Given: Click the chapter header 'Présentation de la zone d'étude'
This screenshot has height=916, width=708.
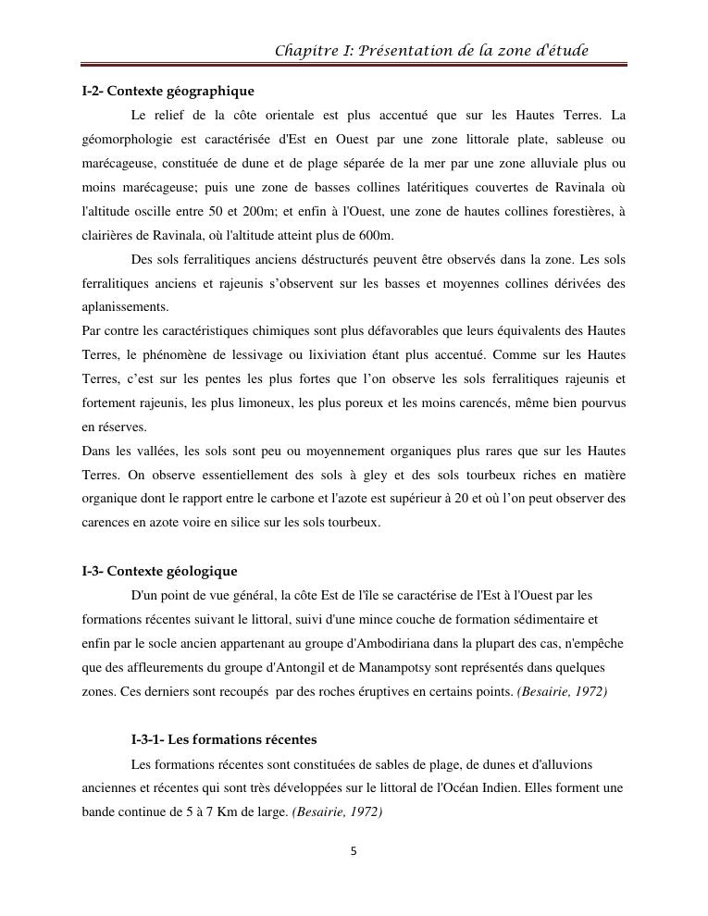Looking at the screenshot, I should click(x=432, y=50).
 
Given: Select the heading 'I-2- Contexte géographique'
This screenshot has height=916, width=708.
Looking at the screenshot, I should click(x=168, y=92).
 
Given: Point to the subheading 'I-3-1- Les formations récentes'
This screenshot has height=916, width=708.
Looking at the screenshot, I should click(x=224, y=740).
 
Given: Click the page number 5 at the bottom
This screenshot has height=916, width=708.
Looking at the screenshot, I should click(x=354, y=851).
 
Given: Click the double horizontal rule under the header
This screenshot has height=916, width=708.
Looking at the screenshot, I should click(x=354, y=66).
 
